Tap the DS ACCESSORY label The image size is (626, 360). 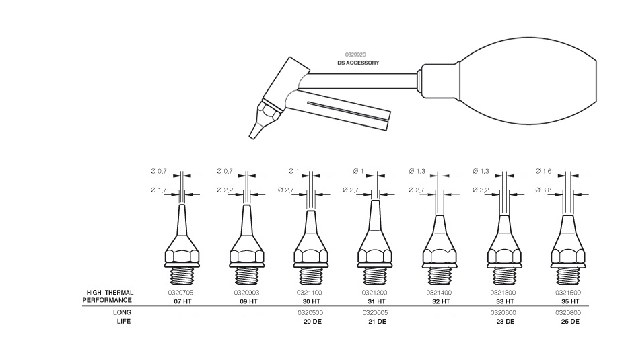(358, 63)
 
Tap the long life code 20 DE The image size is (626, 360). (312, 321)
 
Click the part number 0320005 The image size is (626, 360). (375, 313)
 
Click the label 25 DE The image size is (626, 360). (570, 321)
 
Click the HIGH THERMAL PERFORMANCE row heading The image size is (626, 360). (110, 297)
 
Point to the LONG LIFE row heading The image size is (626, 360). (122, 317)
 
